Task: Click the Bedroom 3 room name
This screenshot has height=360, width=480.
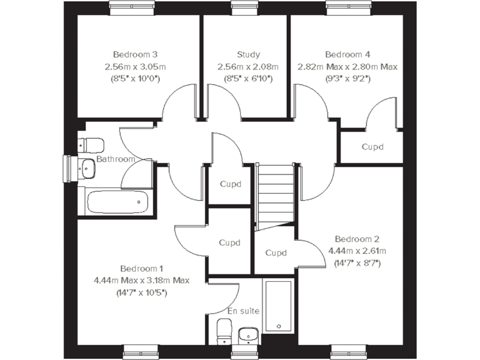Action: tap(135, 54)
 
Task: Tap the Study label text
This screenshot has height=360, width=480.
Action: tap(248, 54)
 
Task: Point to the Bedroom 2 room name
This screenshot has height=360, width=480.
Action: tap(357, 239)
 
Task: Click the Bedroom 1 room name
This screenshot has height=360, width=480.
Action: tap(141, 268)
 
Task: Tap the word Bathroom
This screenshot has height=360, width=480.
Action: tap(116, 159)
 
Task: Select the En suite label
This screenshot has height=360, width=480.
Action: tap(243, 311)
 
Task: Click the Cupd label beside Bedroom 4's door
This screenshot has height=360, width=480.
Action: tap(372, 147)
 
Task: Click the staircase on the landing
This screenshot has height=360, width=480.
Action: tap(276, 194)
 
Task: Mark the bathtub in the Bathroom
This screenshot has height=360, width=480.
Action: tap(117, 202)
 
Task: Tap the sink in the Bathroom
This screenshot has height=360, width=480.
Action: tap(86, 167)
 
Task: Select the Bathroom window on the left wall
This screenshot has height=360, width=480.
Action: tap(68, 167)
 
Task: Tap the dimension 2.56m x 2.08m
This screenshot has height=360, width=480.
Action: tap(248, 67)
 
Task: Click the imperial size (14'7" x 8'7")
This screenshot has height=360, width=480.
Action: tap(357, 263)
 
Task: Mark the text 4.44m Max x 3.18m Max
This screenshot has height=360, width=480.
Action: tap(141, 280)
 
